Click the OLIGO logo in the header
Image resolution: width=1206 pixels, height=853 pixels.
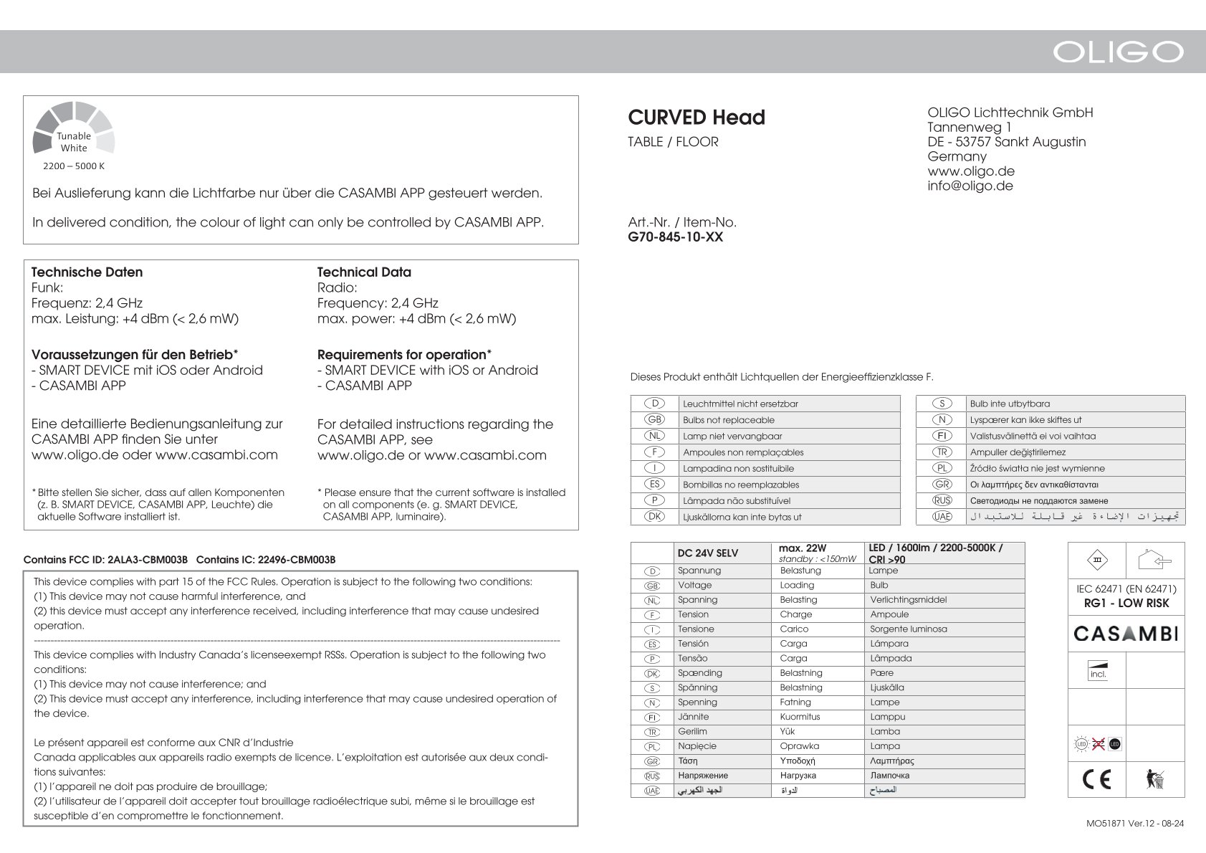pyautogui.click(x=1117, y=52)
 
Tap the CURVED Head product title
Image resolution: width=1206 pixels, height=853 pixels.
pyautogui.click(x=697, y=117)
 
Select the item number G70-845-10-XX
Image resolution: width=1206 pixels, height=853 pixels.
pyautogui.click(x=675, y=237)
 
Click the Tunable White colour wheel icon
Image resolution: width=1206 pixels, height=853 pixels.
pyautogui.click(x=74, y=129)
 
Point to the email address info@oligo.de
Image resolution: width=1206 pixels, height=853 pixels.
pyautogui.click(x=970, y=186)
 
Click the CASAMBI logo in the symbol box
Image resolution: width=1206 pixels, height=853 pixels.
pyautogui.click(x=1126, y=634)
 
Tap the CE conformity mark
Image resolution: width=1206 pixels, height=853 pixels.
pyautogui.click(x=1097, y=778)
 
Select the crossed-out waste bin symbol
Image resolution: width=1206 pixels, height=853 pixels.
pyautogui.click(x=1154, y=779)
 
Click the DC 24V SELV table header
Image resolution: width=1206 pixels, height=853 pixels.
pyautogui.click(x=708, y=553)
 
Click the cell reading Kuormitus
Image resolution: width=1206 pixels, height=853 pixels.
pyautogui.click(x=800, y=717)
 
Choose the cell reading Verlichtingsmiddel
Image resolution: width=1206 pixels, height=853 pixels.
pyautogui.click(x=908, y=600)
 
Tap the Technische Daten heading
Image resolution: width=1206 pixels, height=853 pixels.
pyautogui.click(x=87, y=272)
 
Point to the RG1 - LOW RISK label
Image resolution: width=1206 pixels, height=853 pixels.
pyautogui.click(x=1126, y=604)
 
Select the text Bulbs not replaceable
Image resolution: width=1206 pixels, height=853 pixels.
pyautogui.click(x=728, y=420)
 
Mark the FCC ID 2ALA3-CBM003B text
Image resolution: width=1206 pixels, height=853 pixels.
pyautogui.click(x=105, y=559)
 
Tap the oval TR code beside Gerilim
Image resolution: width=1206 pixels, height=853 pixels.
pyautogui.click(x=652, y=732)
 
